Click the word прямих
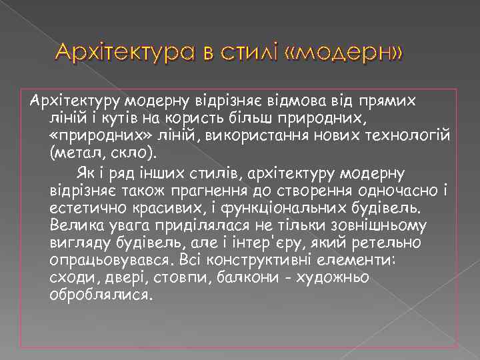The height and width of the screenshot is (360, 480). pyautogui.click(x=387, y=101)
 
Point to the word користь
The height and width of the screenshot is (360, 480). pyautogui.click(x=207, y=119)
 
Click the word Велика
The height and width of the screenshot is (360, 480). pyautogui.click(x=75, y=227)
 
